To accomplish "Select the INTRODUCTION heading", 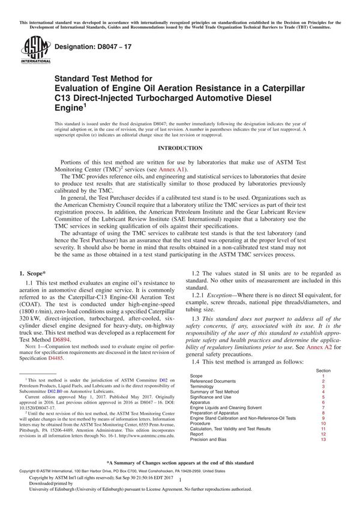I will click(179, 148).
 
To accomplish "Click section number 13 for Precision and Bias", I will click(323, 440).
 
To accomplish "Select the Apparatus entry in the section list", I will click(202, 403).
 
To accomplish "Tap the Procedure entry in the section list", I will click(203, 424).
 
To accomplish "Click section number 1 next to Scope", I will click(323, 376).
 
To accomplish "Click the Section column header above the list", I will click(323, 370).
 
